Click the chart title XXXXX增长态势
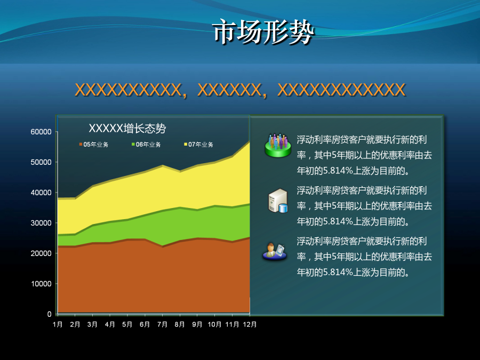[x=127, y=128]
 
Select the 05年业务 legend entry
[x=94, y=145]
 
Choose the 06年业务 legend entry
[x=146, y=145]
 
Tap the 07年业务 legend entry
[x=198, y=145]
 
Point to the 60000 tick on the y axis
[x=41, y=132]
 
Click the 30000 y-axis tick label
[x=41, y=223]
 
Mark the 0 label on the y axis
[x=49, y=314]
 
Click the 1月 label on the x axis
[x=58, y=324]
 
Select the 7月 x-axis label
[x=162, y=324]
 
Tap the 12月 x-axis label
[x=250, y=324]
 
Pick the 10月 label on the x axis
[x=214, y=324]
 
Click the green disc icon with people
[x=278, y=146]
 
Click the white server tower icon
[x=278, y=201]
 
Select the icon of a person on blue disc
[x=275, y=252]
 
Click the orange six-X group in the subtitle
[x=229, y=90]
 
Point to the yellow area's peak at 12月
[x=249, y=142]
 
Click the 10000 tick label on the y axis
[x=41, y=284]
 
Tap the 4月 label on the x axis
[x=110, y=324]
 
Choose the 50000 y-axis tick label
[x=41, y=162]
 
